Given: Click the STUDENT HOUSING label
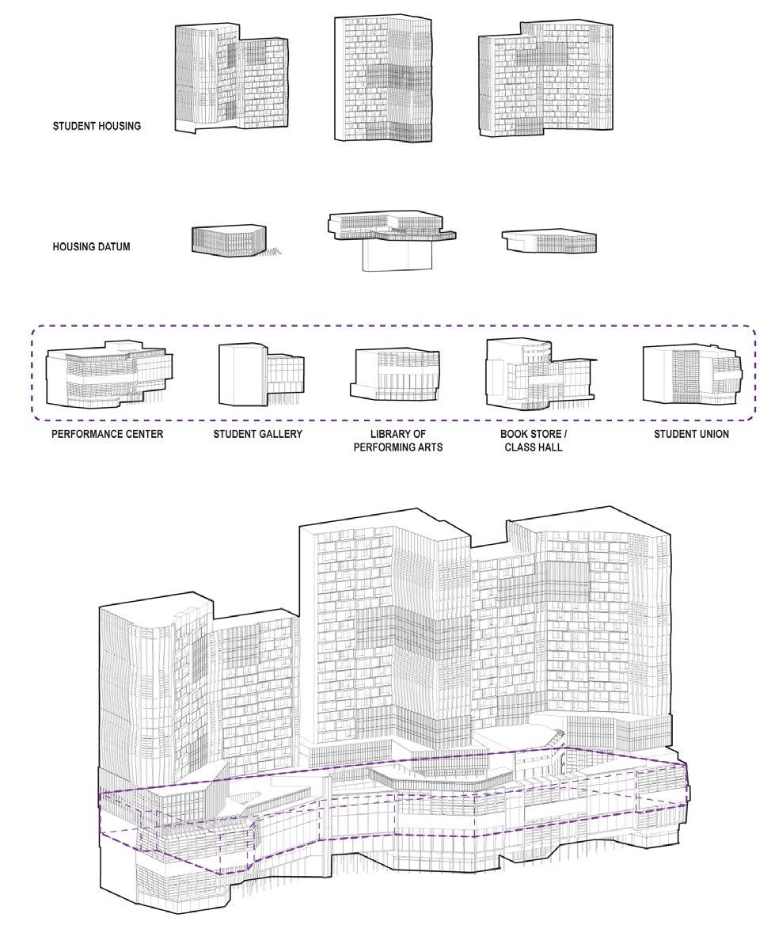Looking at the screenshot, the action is (97, 126).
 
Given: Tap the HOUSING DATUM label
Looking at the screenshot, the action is (91, 247).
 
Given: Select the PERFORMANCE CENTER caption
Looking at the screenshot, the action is (107, 434).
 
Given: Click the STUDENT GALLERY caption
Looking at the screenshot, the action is (257, 434).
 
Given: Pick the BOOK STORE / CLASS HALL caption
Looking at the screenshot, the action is (534, 440).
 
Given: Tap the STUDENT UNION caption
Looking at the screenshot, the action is (691, 434).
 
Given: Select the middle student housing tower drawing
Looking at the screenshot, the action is (384, 79).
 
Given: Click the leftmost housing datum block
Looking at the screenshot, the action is (226, 238).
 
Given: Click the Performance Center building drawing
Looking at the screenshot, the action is (109, 375).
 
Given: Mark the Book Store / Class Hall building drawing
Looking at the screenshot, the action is (537, 372).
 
